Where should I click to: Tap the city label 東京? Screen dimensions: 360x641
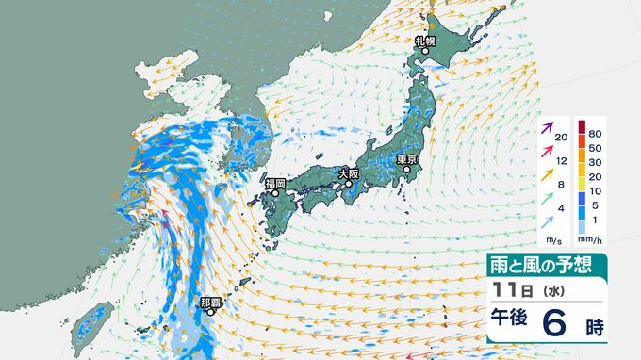point(407,159)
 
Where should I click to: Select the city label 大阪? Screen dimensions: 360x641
point(348,173)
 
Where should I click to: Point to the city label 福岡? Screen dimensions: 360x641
point(275,183)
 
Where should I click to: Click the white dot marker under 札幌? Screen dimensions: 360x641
point(423,52)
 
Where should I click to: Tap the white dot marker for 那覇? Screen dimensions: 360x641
point(211,315)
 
